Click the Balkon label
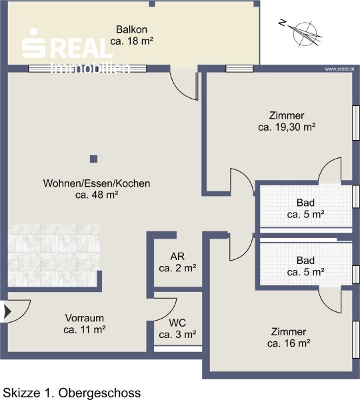click(131, 29)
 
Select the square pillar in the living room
click(93, 159)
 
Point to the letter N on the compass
click(282, 23)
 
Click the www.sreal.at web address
click(339, 69)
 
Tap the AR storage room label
click(177, 257)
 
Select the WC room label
click(177, 323)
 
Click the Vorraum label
click(85, 318)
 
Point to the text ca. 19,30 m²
click(287, 127)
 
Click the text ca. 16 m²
click(289, 343)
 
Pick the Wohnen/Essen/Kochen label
click(97, 183)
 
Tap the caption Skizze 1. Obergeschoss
click(72, 393)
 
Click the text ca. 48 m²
click(97, 195)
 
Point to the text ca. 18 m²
click(131, 41)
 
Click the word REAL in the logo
click(83, 48)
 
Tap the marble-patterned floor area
click(53, 255)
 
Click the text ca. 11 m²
click(85, 329)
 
